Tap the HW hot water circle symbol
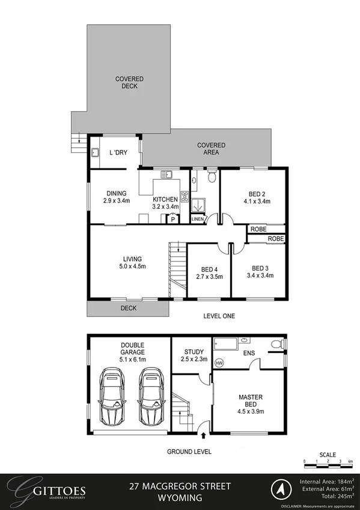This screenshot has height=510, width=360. click(x=219, y=363)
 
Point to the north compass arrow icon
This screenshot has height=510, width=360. click(x=279, y=488)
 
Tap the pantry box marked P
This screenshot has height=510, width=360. click(x=173, y=220)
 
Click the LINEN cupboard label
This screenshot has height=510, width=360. click(x=197, y=220)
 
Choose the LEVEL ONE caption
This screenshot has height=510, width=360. click(x=219, y=316)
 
